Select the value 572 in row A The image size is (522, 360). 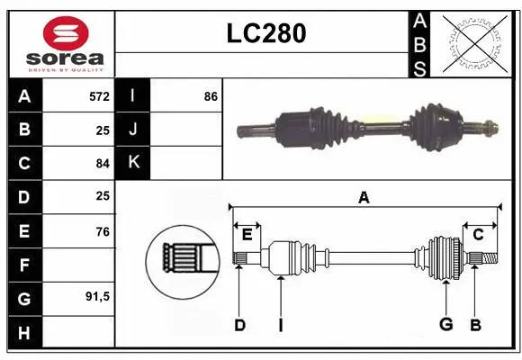click(x=99, y=95)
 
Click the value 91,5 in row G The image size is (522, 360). click(x=97, y=296)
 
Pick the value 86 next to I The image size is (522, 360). click(x=211, y=95)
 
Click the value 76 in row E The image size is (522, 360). click(x=102, y=231)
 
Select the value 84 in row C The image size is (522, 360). click(x=102, y=163)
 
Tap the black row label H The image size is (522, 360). click(x=24, y=332)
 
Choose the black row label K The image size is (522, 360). click(x=134, y=163)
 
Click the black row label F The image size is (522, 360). click(x=24, y=265)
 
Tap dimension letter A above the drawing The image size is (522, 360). click(x=364, y=198)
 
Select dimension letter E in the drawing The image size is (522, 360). click(x=247, y=235)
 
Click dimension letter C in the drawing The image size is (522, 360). click(x=479, y=235)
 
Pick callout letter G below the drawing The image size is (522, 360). click(x=445, y=325)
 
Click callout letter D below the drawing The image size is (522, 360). click(x=239, y=325)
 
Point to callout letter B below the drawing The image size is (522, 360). click(x=475, y=325)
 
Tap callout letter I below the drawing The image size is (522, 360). click(x=281, y=325)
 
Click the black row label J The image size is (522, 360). click(x=134, y=130)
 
